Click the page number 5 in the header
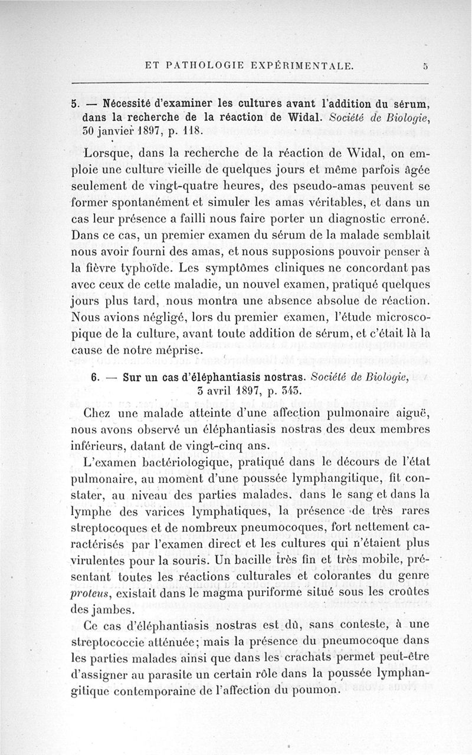(x=425, y=67)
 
